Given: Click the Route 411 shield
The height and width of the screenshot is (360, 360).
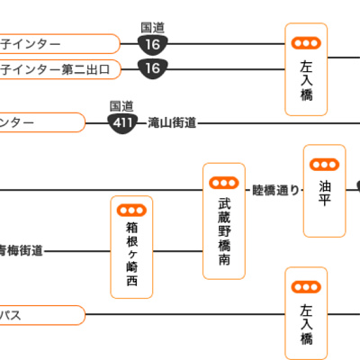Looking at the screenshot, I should pyautogui.click(x=122, y=123).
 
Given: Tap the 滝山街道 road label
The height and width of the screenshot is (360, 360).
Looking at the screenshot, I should pyautogui.click(x=172, y=123).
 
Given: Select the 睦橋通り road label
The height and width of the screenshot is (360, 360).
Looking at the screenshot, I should pyautogui.click(x=275, y=190).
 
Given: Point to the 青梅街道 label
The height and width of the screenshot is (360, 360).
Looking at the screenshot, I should pyautogui.click(x=21, y=250).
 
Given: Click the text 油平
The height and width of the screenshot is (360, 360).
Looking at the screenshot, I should pyautogui.click(x=324, y=191).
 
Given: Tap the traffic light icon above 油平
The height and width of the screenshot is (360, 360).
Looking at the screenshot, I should pyautogui.click(x=324, y=164).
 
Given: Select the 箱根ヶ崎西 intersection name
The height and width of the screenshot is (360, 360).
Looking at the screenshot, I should pyautogui.click(x=132, y=256).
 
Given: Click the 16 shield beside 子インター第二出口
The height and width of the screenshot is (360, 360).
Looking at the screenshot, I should pyautogui.click(x=153, y=68).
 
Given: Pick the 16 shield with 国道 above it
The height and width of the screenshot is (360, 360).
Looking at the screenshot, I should pyautogui.click(x=153, y=44).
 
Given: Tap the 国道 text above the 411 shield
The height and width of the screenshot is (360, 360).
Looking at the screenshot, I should pyautogui.click(x=121, y=105).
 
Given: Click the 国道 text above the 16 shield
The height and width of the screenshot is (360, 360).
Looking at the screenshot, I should pyautogui.click(x=154, y=27).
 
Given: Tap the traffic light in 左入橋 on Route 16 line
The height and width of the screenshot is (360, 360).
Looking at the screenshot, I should pyautogui.click(x=306, y=42).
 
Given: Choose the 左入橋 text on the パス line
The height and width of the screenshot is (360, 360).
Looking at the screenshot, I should pyautogui.click(x=306, y=325).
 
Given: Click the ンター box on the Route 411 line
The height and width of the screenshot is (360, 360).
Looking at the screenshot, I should pyautogui.click(x=41, y=122).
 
